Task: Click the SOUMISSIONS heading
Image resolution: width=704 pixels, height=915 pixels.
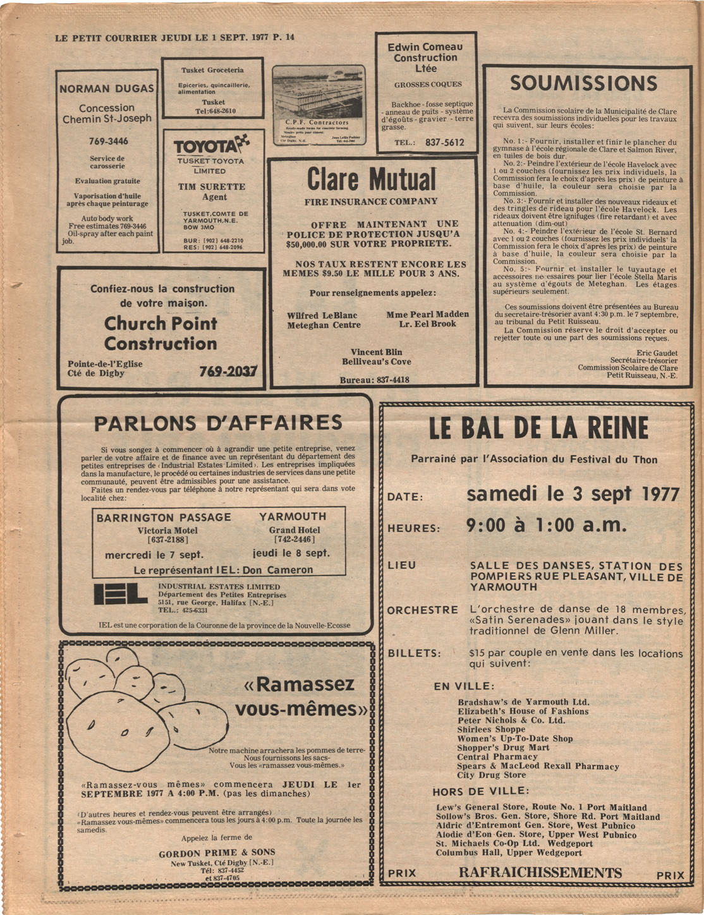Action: [x=583, y=83]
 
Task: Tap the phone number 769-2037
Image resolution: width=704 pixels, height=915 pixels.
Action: [x=228, y=372]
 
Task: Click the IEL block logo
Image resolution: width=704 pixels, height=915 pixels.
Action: [x=121, y=595]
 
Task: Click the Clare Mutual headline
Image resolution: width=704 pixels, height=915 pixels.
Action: [x=372, y=179]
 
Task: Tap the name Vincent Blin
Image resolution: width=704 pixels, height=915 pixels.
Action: [x=377, y=352]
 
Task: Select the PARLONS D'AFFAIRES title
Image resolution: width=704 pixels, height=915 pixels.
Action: [x=218, y=422]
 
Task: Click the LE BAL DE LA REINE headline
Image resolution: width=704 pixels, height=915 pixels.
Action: [x=538, y=428]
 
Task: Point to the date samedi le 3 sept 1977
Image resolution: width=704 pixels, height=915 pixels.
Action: [x=573, y=494]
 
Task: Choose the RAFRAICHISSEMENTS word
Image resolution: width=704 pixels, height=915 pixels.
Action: [x=540, y=873]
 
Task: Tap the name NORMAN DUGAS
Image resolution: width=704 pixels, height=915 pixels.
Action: [x=107, y=88]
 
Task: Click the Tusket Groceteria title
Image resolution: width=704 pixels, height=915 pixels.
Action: [x=212, y=70]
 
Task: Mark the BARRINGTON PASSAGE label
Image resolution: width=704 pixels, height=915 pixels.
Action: [x=164, y=518]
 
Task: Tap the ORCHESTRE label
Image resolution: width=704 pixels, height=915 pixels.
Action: [x=422, y=610]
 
